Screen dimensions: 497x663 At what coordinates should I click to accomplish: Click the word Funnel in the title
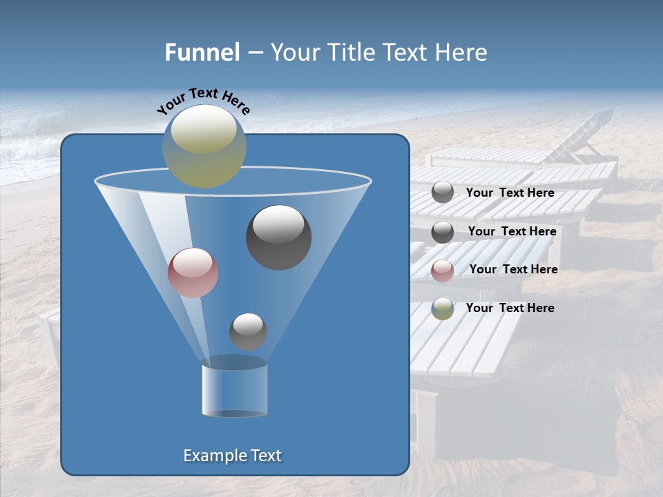click(x=202, y=52)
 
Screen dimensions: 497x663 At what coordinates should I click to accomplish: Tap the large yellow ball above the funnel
click(x=204, y=146)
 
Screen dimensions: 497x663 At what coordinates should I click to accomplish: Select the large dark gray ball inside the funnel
click(x=279, y=237)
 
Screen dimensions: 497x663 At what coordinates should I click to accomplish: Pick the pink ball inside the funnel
click(x=193, y=273)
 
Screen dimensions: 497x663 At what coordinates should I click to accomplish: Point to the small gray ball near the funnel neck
click(x=248, y=331)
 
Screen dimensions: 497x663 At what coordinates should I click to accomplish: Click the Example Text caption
click(x=232, y=456)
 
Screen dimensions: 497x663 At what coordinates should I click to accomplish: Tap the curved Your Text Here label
click(x=204, y=101)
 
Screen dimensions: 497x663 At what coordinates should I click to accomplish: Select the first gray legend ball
click(x=443, y=193)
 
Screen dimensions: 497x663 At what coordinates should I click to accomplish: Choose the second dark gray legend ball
click(x=443, y=232)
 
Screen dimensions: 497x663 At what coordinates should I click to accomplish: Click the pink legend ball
click(x=443, y=271)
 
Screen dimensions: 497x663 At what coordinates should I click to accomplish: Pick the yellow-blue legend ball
click(x=443, y=309)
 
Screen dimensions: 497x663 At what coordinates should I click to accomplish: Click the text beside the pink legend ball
click(x=513, y=269)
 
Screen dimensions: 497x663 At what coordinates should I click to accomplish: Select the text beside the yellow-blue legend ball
click(x=510, y=308)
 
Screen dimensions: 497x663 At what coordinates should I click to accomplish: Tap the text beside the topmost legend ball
click(x=510, y=193)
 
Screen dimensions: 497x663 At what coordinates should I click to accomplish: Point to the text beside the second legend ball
click(x=512, y=231)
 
